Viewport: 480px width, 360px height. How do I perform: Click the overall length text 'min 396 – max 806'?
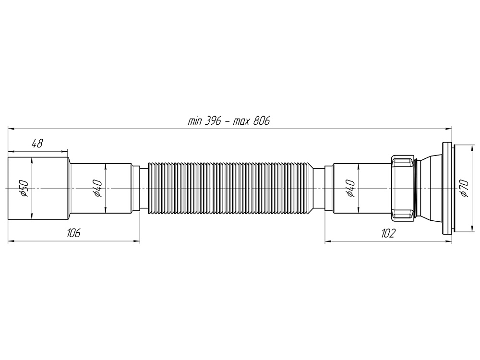coord(228,120)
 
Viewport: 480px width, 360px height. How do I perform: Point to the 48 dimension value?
coord(37,143)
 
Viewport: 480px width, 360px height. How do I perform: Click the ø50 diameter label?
coord(24,188)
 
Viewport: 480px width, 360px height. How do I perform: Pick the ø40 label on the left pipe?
coord(97,188)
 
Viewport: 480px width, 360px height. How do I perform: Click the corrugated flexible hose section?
coord(230,188)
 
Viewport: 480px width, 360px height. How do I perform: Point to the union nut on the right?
coord(403,188)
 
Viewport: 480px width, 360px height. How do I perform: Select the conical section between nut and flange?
coord(430,188)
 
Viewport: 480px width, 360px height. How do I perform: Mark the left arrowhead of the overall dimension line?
coord(11,128)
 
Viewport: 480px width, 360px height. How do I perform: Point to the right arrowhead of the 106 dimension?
coord(137,241)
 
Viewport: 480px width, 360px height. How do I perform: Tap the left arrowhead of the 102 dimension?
coord(328,241)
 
